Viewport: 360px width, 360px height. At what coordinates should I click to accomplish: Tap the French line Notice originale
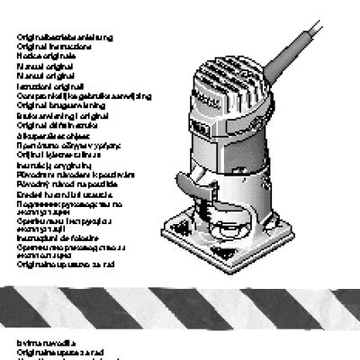pyautogui.click(x=49, y=55)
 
